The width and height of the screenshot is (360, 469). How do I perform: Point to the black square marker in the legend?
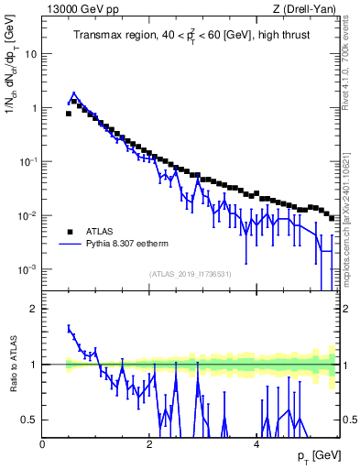coord(70,231)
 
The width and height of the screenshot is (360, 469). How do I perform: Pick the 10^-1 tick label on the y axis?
coord(28,161)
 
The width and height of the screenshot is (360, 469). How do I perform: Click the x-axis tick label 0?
coord(42,444)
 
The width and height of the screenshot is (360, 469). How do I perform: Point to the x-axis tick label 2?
coord(148,444)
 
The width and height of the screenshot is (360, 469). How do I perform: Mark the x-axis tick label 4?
coord(256,444)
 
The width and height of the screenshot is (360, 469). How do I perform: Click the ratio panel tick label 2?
coord(34,310)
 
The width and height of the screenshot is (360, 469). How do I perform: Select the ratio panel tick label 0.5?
coord(29,420)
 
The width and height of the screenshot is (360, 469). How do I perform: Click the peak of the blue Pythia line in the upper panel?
coord(74,93)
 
